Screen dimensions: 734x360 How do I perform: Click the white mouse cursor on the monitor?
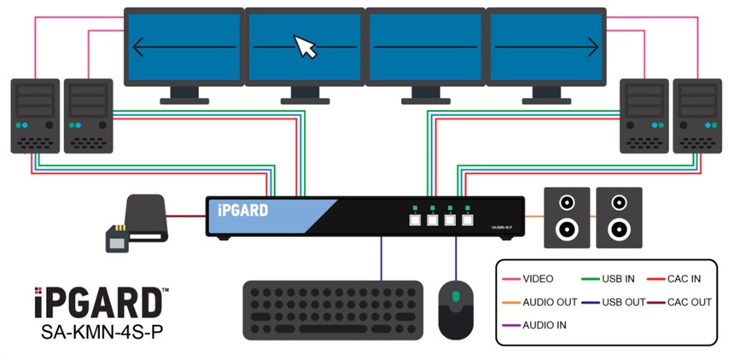coord(305,46)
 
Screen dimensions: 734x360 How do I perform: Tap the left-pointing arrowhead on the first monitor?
coord(137,47)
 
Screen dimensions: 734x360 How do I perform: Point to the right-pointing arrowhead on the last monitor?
coord(593,47)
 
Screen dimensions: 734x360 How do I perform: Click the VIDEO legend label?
coord(538,279)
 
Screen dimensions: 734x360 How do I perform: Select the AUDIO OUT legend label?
coord(550,302)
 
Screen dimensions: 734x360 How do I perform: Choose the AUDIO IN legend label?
coord(545,325)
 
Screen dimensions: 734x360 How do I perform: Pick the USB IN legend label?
coord(619,279)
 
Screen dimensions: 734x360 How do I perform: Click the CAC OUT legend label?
coord(690,302)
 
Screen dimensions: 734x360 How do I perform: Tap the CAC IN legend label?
coord(684,279)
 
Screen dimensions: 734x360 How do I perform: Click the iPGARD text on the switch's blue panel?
coord(243,210)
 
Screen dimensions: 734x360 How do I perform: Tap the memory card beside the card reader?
coord(117,239)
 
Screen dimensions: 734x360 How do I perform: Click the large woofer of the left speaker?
coord(567,230)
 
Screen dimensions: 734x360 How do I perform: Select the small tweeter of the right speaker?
coord(620,203)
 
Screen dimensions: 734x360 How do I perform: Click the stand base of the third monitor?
coord(426,101)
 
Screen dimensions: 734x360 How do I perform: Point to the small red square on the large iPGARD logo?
coord(38,291)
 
